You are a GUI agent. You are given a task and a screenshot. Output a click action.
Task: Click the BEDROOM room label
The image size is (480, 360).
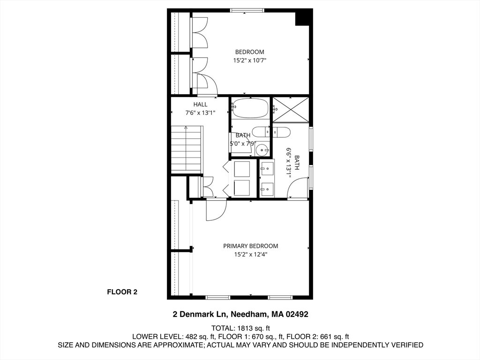(x=249, y=52)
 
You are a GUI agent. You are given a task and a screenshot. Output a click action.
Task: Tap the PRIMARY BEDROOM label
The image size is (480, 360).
(x=250, y=246)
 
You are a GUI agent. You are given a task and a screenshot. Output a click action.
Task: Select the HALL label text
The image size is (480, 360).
(x=200, y=105)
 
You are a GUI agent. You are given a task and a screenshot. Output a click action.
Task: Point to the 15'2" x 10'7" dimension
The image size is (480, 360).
(x=249, y=60)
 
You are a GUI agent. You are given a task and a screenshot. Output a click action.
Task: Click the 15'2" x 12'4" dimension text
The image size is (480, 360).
(x=251, y=255)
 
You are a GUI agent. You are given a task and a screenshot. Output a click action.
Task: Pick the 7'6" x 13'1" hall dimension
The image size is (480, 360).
(x=200, y=113)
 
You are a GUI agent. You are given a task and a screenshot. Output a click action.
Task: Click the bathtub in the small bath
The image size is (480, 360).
(x=250, y=108)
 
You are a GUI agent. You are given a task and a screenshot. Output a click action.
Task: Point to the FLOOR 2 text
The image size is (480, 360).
(x=122, y=292)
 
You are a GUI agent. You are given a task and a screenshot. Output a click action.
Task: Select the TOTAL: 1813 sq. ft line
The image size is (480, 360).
(x=240, y=329)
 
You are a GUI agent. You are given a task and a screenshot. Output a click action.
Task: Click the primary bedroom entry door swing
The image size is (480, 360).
(x=217, y=210)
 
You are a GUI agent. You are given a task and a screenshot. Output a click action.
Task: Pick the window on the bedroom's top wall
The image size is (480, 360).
(x=247, y=10)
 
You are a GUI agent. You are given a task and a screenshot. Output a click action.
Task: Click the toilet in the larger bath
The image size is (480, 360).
(x=281, y=132)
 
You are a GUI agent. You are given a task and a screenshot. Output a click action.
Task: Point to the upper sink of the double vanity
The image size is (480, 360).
(x=267, y=169)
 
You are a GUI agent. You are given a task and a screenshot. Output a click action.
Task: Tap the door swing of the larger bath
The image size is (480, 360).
(x=297, y=188)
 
